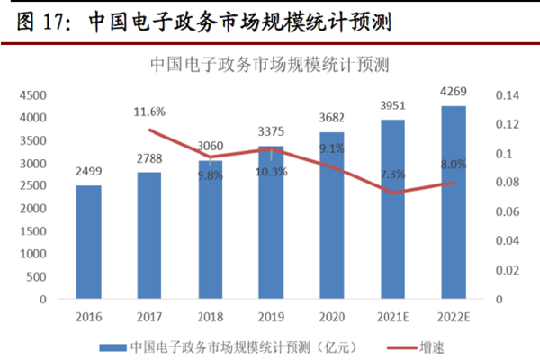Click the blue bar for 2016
pyautogui.click(x=88, y=242)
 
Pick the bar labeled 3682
pyautogui.click(x=331, y=215)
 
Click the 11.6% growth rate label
pyautogui.click(x=148, y=112)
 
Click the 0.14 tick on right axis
pyautogui.click(x=497, y=95)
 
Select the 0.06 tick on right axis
pyautogui.click(x=497, y=211)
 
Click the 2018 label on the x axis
pyautogui.click(x=210, y=316)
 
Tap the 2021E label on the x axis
pyautogui.click(x=392, y=316)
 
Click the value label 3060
pyautogui.click(x=210, y=148)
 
